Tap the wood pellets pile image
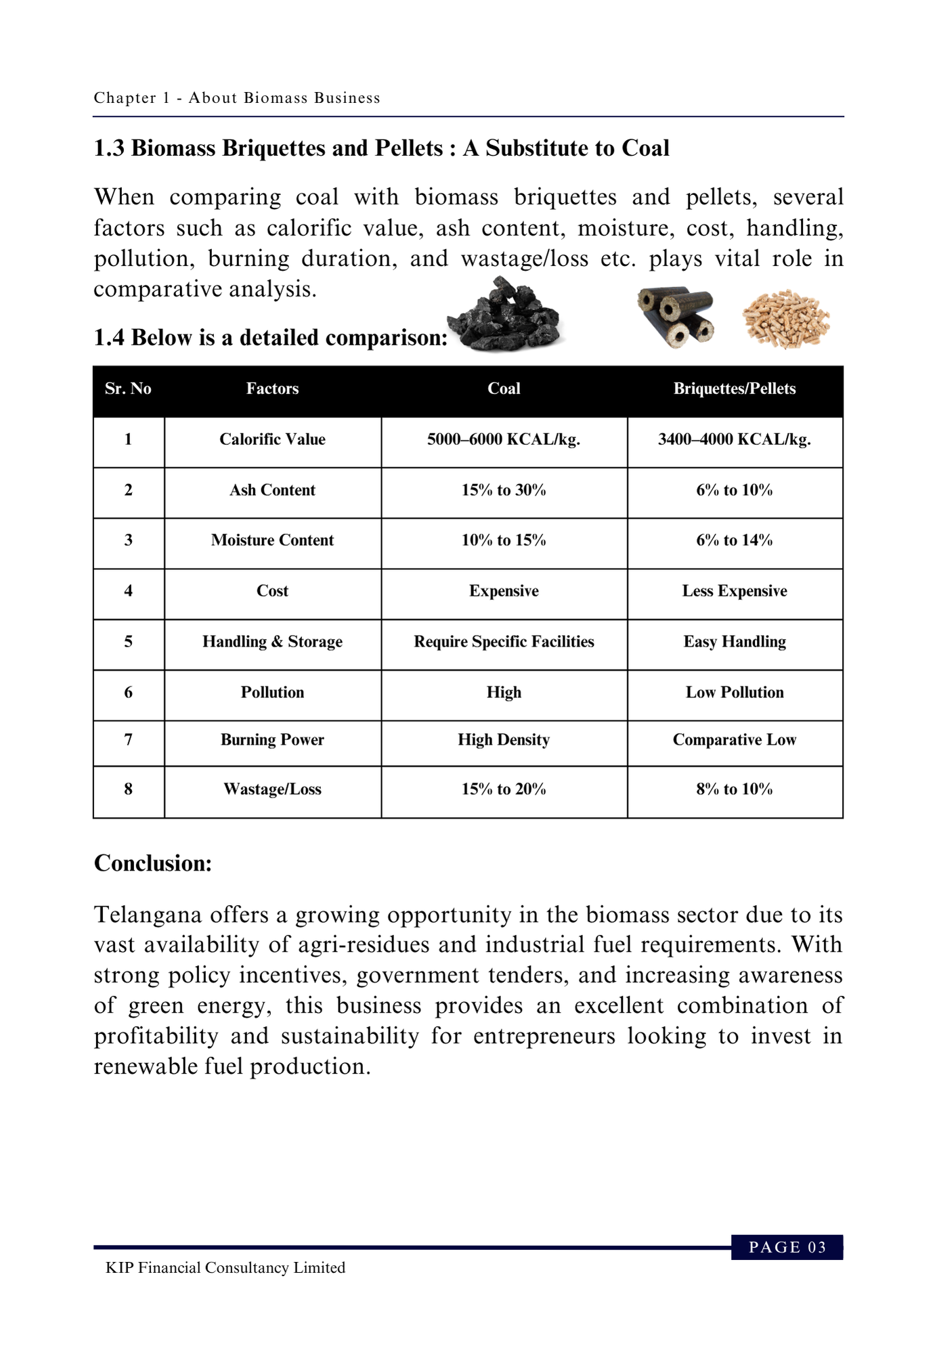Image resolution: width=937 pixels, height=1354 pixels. pos(785,318)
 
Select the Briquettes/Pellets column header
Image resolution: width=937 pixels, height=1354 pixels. pos(735,389)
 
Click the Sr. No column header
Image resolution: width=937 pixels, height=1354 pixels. pos(128,389)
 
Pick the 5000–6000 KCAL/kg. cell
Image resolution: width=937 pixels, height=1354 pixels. pos(504,439)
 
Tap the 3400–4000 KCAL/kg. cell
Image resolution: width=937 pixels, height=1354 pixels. pos(735,439)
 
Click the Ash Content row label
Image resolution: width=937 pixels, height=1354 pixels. pos(272,490)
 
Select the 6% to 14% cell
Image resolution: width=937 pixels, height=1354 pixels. pos(735,540)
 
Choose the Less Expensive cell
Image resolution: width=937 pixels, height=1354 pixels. pos(735,591)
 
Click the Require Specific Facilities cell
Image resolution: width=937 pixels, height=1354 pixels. pos(504,642)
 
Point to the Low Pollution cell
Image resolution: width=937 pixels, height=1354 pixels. pos(735,693)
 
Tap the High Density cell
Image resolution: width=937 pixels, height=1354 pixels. pos(504,740)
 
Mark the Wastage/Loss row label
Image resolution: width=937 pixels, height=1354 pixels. pos(272,789)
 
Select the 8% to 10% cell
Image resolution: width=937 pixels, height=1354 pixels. pos(735,789)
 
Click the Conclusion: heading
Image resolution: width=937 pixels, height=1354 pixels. pos(153,863)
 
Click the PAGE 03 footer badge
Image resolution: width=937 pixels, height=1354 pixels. pos(787,1247)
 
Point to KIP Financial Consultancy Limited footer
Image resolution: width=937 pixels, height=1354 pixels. pos(225,1268)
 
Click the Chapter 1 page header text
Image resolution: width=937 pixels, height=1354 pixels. pos(237,98)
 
